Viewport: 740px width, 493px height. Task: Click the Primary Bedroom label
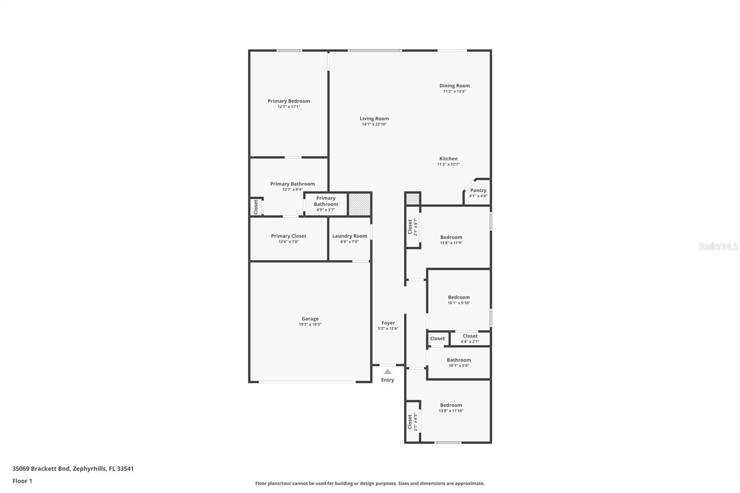(289, 101)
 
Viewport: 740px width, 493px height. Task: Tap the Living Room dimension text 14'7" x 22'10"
(374, 124)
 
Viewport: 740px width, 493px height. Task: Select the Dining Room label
(454, 86)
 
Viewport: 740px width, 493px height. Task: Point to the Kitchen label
(448, 159)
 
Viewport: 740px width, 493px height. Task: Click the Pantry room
(478, 192)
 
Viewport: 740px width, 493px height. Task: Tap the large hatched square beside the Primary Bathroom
(359, 204)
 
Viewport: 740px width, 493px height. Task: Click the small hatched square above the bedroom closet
(412, 199)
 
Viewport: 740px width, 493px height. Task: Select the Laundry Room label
(349, 236)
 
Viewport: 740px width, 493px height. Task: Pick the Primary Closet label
(289, 236)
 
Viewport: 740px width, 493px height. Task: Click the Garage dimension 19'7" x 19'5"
(310, 325)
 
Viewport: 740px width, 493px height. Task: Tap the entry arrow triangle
(388, 371)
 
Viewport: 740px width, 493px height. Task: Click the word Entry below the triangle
(388, 380)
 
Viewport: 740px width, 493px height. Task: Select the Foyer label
(388, 323)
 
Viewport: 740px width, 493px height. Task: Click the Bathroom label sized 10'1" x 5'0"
(459, 360)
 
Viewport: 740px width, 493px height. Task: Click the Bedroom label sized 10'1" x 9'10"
(459, 297)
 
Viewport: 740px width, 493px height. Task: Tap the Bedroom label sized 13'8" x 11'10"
(451, 405)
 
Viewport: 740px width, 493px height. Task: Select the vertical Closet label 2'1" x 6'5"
(410, 421)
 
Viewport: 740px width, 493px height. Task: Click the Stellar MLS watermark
(718, 246)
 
